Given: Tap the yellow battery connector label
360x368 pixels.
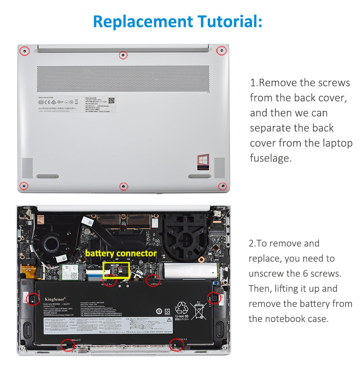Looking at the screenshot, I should click(x=121, y=253).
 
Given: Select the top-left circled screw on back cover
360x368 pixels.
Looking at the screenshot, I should click(x=25, y=51).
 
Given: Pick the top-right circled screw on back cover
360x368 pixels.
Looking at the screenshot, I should click(x=221, y=51).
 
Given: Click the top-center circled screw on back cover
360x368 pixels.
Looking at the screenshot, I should click(x=123, y=55).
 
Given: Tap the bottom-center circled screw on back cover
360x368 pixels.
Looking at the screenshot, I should click(x=123, y=186).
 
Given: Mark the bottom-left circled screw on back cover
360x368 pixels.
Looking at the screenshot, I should click(x=25, y=186).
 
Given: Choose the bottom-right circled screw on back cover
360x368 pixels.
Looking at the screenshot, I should click(x=222, y=186).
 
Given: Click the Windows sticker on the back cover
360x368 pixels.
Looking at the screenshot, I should click(x=203, y=162).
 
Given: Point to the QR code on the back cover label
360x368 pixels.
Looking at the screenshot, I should click(x=111, y=100).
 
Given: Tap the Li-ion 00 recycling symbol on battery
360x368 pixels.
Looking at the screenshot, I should click(x=182, y=309).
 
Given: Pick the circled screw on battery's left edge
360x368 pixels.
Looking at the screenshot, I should click(x=31, y=299).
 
